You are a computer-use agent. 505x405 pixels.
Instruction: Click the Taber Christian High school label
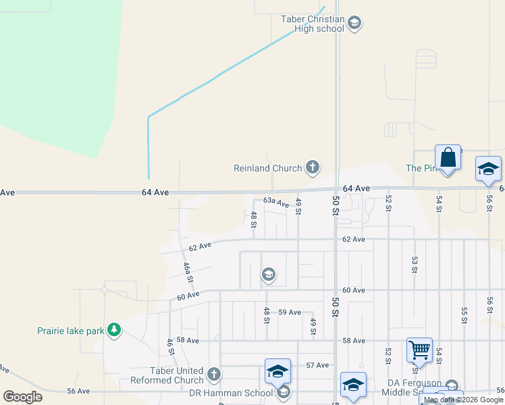click(313, 24)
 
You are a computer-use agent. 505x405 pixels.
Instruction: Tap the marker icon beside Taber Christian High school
click(355, 24)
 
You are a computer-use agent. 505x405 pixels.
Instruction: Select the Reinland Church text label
click(267, 168)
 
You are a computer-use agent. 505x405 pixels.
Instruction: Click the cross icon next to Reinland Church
click(312, 167)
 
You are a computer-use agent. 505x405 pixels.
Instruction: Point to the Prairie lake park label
click(70, 331)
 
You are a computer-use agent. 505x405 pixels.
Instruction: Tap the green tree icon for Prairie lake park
click(115, 329)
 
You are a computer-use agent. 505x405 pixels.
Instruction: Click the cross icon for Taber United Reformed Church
click(214, 374)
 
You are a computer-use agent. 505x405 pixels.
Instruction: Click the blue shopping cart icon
click(419, 350)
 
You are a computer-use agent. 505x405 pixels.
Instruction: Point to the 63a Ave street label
click(276, 202)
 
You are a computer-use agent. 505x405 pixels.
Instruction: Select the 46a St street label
click(189, 273)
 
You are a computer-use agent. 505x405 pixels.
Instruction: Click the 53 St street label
click(415, 264)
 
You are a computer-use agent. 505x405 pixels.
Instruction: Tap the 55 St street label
click(464, 315)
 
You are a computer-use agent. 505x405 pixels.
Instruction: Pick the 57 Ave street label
click(317, 365)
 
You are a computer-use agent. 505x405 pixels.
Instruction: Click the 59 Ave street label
click(290, 312)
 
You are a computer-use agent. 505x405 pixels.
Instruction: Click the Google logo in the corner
click(23, 397)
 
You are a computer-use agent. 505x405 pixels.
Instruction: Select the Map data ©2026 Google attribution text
click(464, 400)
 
